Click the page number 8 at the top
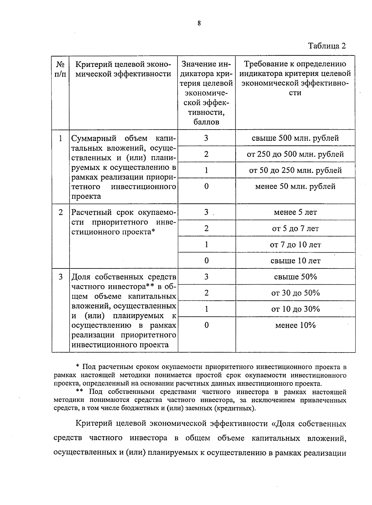pos(199,23)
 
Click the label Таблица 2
pos(327,46)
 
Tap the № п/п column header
pos(60,69)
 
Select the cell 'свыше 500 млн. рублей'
pos(295,138)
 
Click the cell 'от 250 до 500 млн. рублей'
pos(295,154)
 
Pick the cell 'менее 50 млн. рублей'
pos(295,186)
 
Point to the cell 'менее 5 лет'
pos(295,212)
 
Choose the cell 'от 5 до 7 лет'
pos(295,228)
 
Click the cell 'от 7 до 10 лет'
pos(295,245)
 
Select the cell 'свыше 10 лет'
pos(295,261)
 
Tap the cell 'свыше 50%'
pos(295,277)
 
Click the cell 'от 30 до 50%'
pos(295,293)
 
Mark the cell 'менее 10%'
pos(295,325)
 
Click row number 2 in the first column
pos(61,212)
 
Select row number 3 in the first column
pos(61,277)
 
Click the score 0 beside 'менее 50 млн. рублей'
pos(206,186)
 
